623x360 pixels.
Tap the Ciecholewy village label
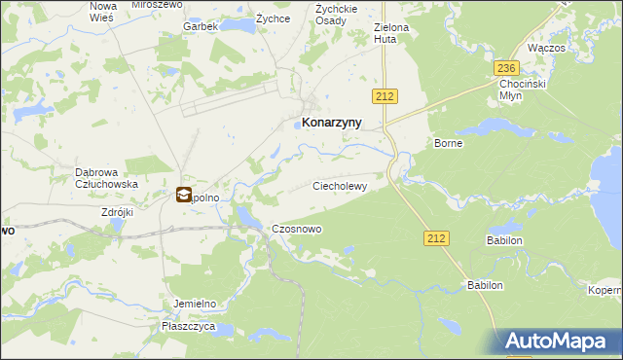coord(340,185)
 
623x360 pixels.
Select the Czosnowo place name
coord(297,229)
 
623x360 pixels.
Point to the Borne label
coord(448,143)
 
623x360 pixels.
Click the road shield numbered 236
coord(505,68)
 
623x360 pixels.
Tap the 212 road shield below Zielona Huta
coord(383,94)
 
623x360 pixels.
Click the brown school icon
coord(184,195)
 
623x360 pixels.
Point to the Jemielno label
coord(195,304)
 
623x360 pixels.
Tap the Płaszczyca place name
coord(189,327)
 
